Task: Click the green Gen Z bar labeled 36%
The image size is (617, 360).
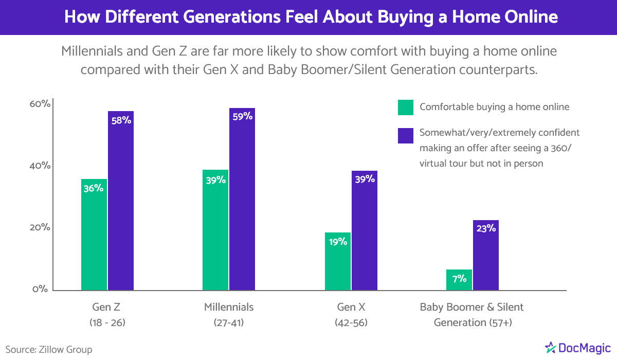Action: click(94, 235)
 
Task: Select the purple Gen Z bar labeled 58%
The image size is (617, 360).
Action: click(121, 201)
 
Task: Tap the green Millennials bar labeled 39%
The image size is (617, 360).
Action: click(215, 230)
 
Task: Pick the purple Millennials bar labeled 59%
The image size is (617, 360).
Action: click(242, 199)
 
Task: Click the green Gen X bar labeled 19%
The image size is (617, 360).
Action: click(338, 261)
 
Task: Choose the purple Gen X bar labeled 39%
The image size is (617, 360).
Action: click(365, 230)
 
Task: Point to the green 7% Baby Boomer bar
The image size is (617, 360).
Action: click(459, 280)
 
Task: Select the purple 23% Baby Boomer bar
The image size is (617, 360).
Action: click(485, 255)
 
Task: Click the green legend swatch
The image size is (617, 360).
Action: click(406, 107)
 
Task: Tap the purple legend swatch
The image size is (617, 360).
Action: click(406, 136)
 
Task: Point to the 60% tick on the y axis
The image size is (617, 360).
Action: click(40, 104)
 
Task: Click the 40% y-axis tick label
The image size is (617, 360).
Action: click(40, 166)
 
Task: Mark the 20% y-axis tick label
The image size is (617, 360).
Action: click(40, 227)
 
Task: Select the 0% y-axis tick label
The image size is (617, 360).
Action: click(40, 289)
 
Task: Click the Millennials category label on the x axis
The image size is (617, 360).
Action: click(229, 307)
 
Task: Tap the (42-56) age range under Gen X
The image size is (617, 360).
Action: click(351, 322)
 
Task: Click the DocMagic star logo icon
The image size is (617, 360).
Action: click(550, 348)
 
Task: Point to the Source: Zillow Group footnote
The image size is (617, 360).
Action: click(49, 350)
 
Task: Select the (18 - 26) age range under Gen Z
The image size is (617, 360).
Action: click(107, 322)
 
